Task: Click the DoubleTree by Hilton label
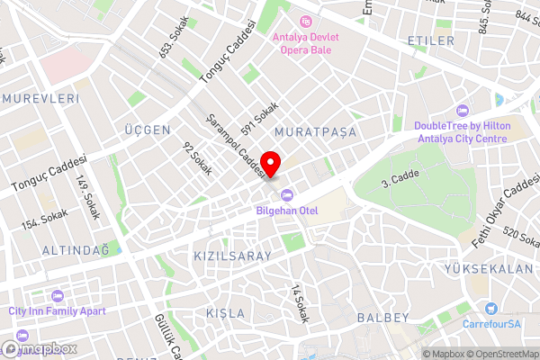(462, 132)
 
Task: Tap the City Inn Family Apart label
(57, 310)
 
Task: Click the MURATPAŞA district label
(316, 132)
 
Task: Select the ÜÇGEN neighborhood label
(148, 130)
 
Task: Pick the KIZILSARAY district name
(232, 256)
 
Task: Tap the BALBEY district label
(382, 318)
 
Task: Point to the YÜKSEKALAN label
(489, 269)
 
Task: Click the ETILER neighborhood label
(430, 41)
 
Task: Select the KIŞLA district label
(225, 312)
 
